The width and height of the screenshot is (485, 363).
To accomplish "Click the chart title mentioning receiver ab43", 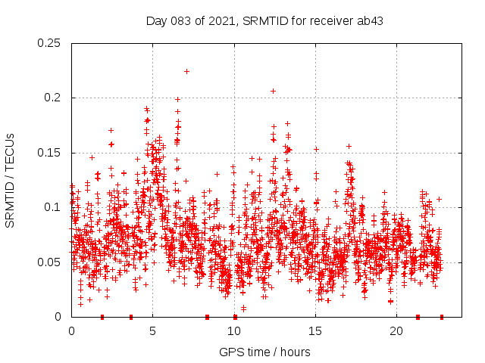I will [264, 20].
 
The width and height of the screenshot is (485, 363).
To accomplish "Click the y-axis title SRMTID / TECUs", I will [10, 180].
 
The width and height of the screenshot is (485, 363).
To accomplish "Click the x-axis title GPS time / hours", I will [264, 352].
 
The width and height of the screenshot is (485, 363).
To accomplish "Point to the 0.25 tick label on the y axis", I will [50, 43].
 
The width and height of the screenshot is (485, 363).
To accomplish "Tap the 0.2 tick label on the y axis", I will [53, 98].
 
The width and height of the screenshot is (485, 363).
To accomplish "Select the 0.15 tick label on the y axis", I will [50, 153].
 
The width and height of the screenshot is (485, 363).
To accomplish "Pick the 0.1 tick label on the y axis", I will [53, 207].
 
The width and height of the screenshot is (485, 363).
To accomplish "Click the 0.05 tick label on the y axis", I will [50, 262].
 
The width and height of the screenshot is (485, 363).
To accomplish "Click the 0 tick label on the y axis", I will [59, 317].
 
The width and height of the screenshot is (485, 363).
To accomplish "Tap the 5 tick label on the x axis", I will [152, 331].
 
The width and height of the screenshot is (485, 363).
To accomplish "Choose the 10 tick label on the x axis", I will [234, 331].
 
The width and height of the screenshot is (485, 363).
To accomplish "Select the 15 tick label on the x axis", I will [315, 331].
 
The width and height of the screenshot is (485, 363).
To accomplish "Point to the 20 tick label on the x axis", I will [396, 331].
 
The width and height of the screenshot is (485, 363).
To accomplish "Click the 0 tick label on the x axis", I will [71, 331].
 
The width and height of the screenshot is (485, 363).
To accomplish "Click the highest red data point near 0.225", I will [186, 71].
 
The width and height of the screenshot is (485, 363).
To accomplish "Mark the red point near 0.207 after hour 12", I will [273, 91].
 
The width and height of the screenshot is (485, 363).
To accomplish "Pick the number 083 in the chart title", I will [182, 20].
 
